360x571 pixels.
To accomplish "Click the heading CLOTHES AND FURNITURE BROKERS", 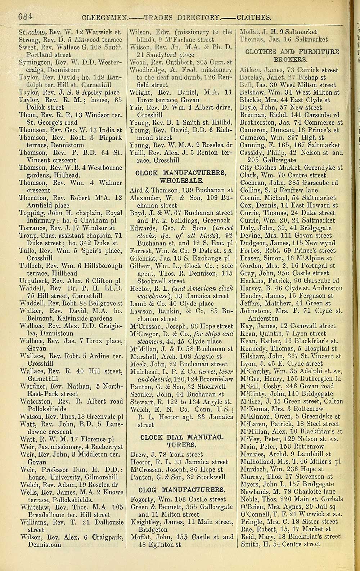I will tap(292, 55).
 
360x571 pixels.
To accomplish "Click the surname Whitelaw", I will tap(34, 507).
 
